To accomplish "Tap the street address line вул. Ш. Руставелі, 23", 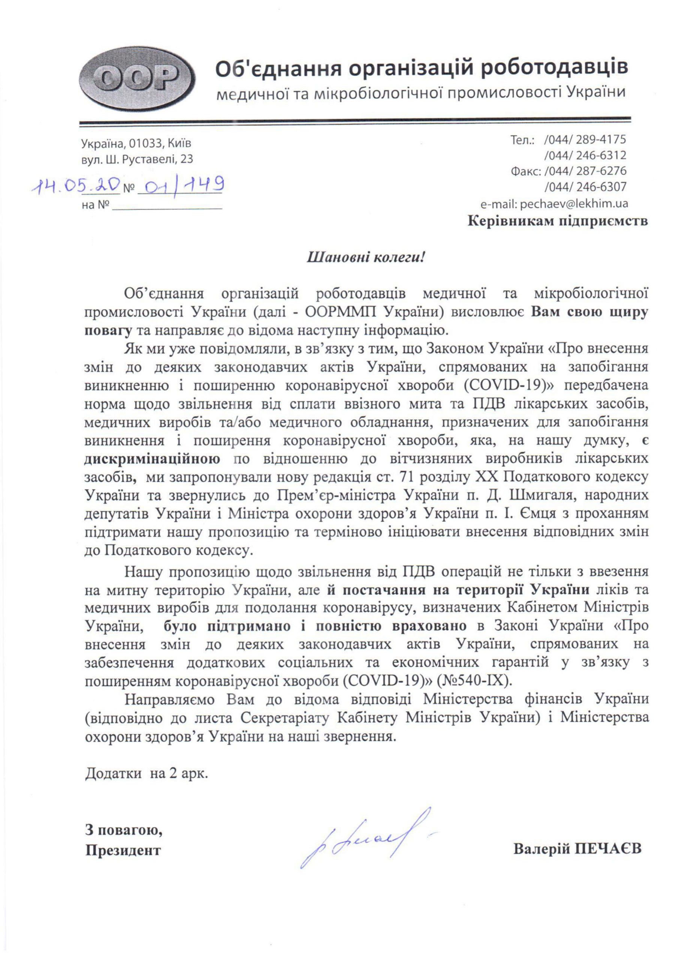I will pos(137,160).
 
